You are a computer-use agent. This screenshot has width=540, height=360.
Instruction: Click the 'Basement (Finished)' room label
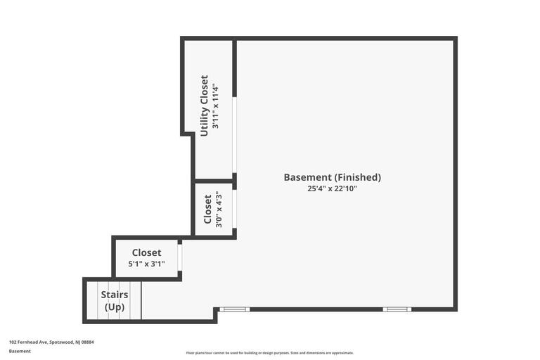click(x=332, y=177)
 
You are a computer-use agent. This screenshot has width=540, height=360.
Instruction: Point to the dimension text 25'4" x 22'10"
click(x=332, y=188)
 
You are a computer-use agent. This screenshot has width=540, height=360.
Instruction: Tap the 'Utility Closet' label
click(x=205, y=105)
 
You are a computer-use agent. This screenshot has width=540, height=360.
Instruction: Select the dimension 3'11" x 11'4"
click(x=216, y=106)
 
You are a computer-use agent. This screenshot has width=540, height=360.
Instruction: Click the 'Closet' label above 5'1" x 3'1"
click(x=146, y=252)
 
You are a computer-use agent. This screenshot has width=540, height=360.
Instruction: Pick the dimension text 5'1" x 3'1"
click(x=146, y=264)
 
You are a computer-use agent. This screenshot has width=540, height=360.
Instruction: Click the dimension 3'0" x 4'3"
click(x=219, y=210)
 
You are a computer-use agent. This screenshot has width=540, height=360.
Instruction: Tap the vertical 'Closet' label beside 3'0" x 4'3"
click(x=208, y=210)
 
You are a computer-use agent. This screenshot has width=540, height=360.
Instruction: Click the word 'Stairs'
click(x=115, y=295)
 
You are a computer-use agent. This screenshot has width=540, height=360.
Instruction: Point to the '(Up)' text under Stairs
click(x=115, y=307)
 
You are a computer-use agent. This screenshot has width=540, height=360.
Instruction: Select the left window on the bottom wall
click(x=234, y=309)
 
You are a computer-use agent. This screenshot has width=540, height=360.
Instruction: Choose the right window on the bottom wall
click(x=397, y=309)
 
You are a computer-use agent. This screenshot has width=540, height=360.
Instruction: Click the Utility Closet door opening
click(x=234, y=134)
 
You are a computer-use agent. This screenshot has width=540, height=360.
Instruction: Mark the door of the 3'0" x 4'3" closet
click(x=234, y=209)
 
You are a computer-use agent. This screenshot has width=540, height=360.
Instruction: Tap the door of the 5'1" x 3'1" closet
click(x=180, y=257)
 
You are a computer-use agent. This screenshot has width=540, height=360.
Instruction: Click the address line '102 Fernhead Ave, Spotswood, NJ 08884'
click(x=51, y=342)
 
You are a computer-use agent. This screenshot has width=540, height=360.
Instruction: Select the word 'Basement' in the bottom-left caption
click(x=20, y=351)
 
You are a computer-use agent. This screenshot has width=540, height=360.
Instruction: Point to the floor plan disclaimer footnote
click(x=270, y=353)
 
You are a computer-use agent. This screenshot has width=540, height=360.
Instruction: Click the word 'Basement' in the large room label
click(x=307, y=177)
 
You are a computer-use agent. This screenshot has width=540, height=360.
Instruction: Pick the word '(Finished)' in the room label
click(x=357, y=177)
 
